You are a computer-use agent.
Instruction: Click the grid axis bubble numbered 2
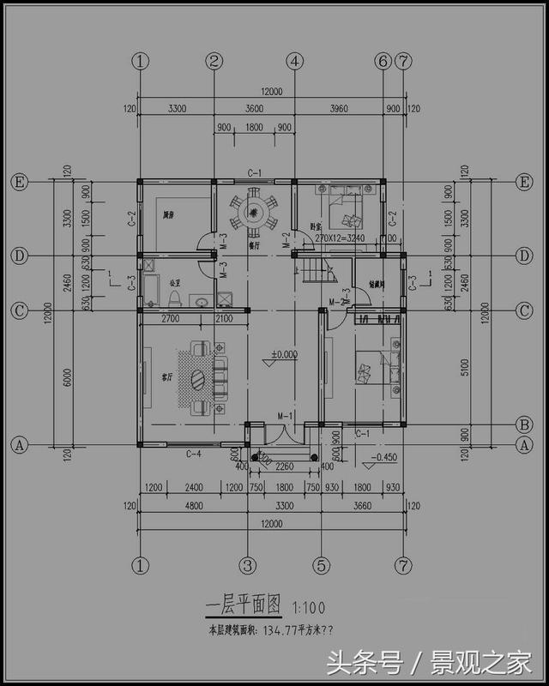pos(214,61)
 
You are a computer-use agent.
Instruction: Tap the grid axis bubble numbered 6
pos(383,61)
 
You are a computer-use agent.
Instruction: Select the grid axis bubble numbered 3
pos(248,565)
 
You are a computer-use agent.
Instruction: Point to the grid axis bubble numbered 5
pos(321,565)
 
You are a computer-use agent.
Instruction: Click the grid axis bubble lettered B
pos(524,424)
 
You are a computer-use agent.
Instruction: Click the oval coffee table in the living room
pos(198,377)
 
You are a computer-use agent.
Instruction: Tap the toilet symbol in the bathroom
pos(176,297)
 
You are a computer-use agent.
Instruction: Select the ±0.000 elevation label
pos(284,353)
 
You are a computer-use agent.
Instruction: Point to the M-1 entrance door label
pos(285,417)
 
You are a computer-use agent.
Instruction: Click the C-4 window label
pos(194,454)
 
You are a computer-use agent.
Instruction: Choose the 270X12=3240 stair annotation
pos(342,237)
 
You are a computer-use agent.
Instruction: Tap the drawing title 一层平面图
pos(244,607)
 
